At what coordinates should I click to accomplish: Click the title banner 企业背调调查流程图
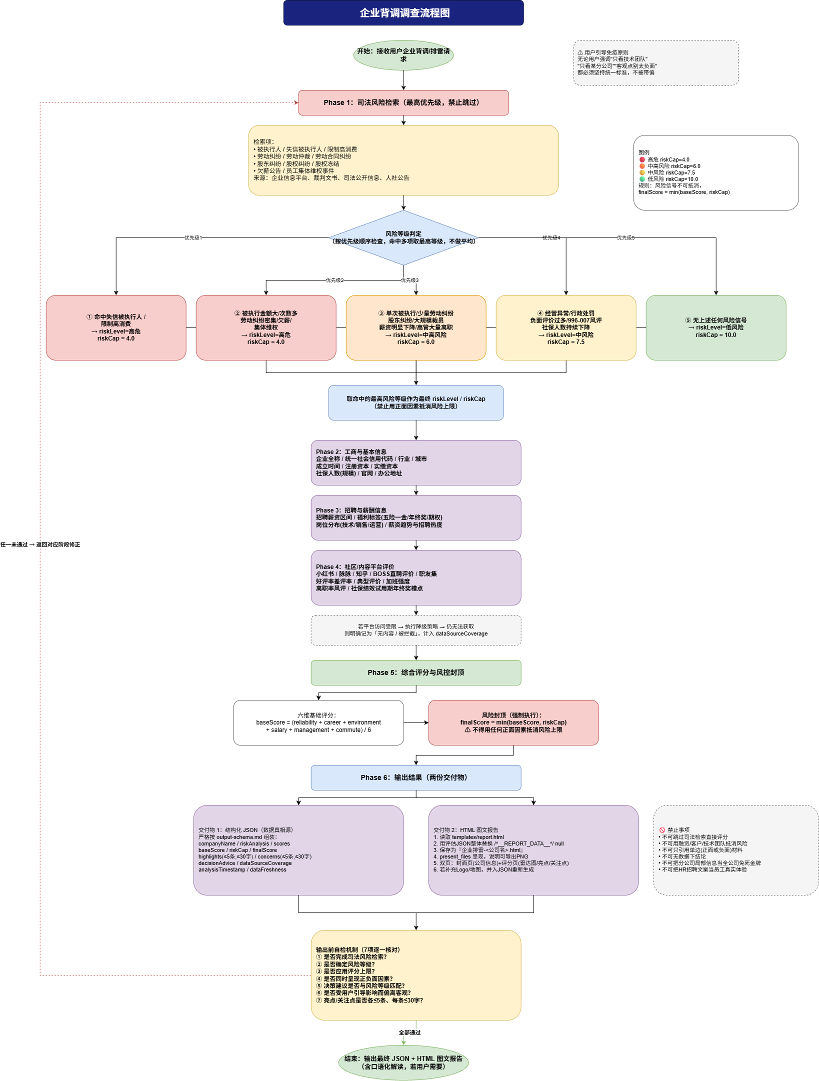(403, 13)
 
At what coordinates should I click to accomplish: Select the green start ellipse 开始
(403, 55)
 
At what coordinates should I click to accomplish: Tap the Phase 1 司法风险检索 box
(403, 102)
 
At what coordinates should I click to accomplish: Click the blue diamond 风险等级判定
(403, 237)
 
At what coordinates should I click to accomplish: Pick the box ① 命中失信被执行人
(116, 327)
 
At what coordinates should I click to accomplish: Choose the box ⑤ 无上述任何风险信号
(716, 327)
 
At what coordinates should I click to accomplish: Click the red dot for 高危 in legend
(642, 159)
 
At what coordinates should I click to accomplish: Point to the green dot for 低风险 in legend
(642, 179)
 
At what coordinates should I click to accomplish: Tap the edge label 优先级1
(193, 238)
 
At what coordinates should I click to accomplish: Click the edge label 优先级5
(625, 238)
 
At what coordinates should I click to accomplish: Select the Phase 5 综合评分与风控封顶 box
(416, 672)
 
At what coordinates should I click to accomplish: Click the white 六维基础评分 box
(318, 722)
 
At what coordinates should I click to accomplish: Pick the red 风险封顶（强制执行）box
(513, 722)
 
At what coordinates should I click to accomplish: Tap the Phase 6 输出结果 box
(416, 777)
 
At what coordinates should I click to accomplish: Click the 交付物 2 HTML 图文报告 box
(533, 850)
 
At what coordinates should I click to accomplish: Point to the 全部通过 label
(409, 1032)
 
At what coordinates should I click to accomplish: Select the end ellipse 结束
(403, 1062)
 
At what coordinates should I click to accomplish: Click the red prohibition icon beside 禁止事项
(662, 830)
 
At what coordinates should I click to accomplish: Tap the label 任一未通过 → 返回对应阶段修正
(40, 544)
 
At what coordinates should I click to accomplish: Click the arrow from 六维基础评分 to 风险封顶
(416, 722)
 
